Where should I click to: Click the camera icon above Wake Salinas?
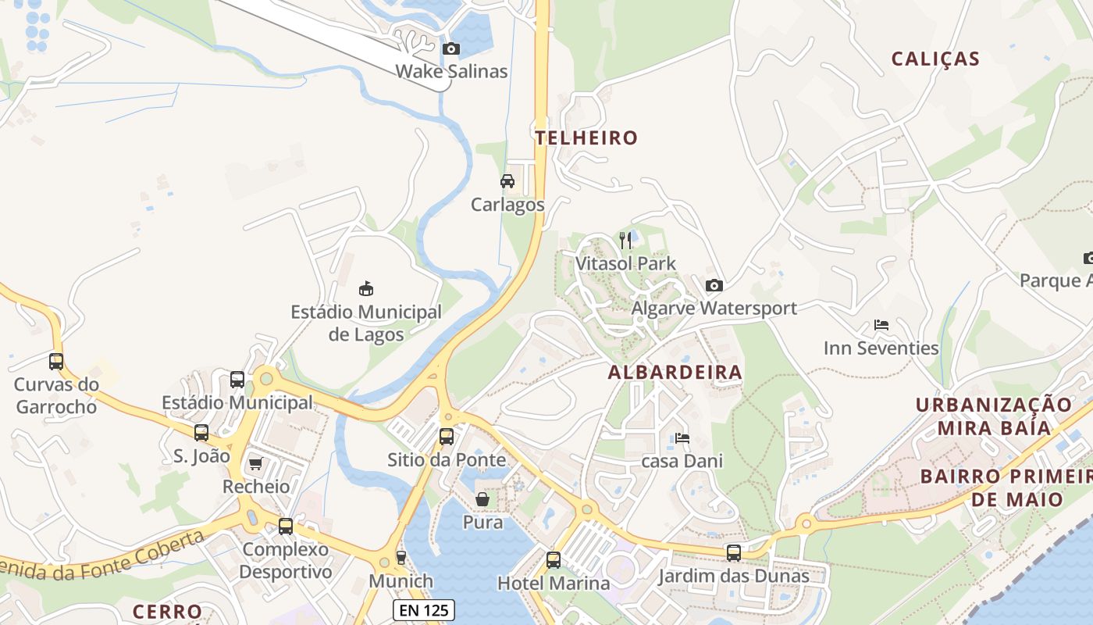pos(450,49)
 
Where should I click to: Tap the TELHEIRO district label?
pos(586,138)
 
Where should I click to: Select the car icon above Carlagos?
pos(507,181)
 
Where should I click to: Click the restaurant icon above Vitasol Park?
pos(625,240)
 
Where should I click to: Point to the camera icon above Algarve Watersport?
pos(714,286)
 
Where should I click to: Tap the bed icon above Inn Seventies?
pos(881,325)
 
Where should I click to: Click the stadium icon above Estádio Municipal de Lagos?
pos(365,289)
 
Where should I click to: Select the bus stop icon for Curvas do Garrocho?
pos(56,362)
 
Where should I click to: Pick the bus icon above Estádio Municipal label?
pos(237,380)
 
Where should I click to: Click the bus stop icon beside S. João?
pos(201,433)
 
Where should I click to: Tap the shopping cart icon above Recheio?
pos(255,464)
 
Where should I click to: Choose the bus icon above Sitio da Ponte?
pos(447,437)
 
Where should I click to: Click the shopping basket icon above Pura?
pos(482,498)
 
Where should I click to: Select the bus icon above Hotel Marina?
pos(554,559)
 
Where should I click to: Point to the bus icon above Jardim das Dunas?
pos(734,553)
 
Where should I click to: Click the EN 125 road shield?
pos(422,610)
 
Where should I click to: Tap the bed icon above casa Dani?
pos(682,438)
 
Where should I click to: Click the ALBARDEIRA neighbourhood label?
pos(675,373)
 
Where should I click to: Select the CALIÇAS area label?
pos(935,59)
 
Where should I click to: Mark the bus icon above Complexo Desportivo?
pos(286,527)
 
